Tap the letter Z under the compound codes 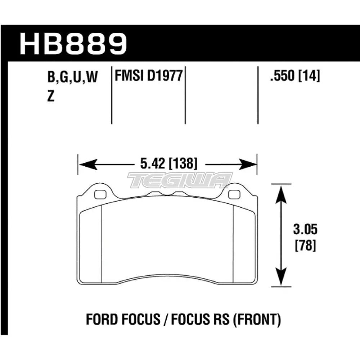(x=51, y=97)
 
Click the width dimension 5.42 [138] (x=167, y=165)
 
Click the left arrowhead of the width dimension (x=84, y=165)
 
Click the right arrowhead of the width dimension (x=251, y=165)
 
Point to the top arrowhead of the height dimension (x=280, y=191)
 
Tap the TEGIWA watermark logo (x=180, y=180)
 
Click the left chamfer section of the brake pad (x=90, y=245)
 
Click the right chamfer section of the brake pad (x=244, y=245)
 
